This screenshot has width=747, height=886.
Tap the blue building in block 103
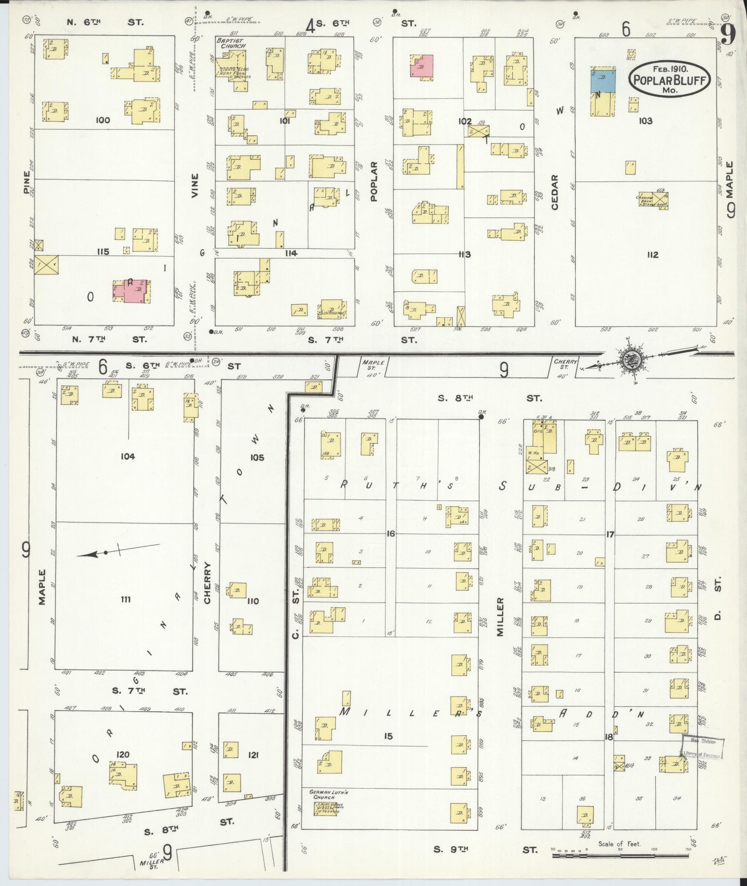pos(603,80)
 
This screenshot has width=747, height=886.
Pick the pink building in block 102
pos(421,65)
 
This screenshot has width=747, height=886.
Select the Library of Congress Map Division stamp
pos(702,748)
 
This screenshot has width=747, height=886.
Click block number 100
pos(102,120)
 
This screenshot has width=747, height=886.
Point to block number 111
pos(126,599)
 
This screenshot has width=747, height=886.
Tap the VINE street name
pos(195,186)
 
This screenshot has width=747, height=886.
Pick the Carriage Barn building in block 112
pos(653,200)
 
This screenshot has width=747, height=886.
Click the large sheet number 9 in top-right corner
pos(728,35)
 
